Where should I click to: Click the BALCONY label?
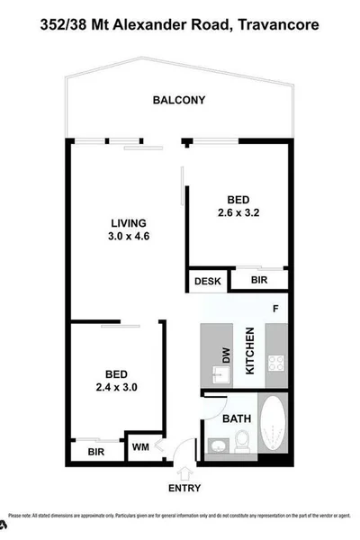pos(179,100)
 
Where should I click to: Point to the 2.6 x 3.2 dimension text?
pos(238,213)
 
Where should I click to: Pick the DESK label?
pos(207,282)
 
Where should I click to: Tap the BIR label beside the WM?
pos(94,452)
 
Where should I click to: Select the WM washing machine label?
pos(140,445)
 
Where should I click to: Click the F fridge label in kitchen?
pos(276,309)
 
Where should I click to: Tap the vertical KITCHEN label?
pos(252,351)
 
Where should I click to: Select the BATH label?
pos(237,418)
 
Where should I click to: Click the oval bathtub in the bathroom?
pos(272,430)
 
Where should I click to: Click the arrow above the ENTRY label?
pos(186,473)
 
